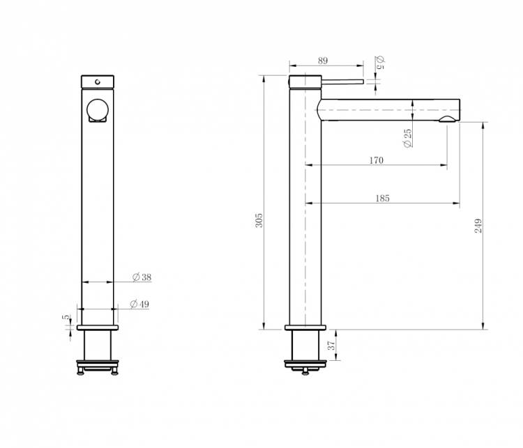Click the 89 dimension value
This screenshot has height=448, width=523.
pos(323,61)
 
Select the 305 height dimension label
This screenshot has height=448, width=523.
pos(259,220)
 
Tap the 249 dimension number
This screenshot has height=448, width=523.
pos(478,226)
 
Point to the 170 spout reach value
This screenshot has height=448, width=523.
pos(377,160)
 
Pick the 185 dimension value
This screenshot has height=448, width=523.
pos(382,199)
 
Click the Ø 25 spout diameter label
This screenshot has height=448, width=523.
pos(407,138)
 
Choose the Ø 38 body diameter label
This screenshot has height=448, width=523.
pos(142,277)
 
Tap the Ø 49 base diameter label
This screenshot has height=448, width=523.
pos(139,304)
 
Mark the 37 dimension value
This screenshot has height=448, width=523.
pos(331,345)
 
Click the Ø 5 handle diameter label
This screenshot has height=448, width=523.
pos(380,63)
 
